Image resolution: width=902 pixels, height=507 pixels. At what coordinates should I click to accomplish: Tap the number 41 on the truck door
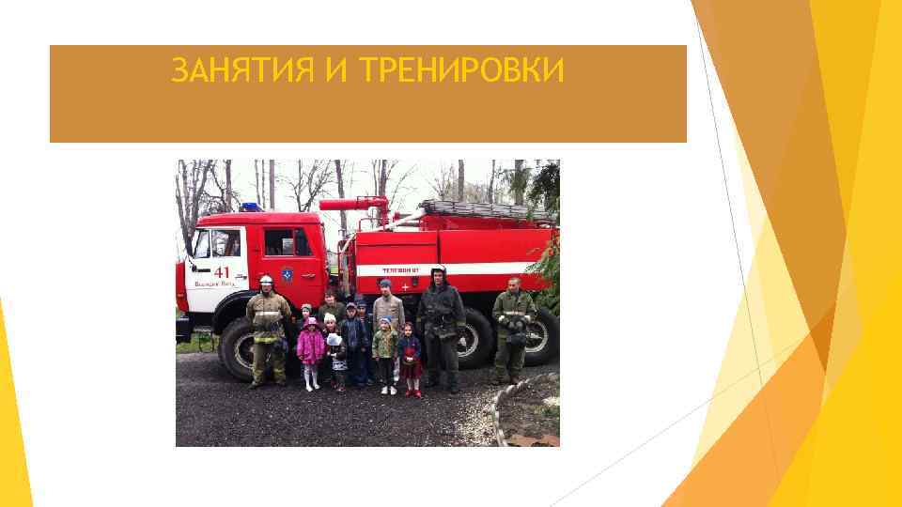click(222, 271)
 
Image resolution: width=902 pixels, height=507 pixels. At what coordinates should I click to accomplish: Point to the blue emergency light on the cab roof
click(249, 207)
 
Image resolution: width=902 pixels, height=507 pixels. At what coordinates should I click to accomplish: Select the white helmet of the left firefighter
click(267, 280)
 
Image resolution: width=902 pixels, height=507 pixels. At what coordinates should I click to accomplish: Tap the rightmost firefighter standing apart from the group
click(512, 329)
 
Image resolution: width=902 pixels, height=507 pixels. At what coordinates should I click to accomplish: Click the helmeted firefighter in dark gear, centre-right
click(440, 324)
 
